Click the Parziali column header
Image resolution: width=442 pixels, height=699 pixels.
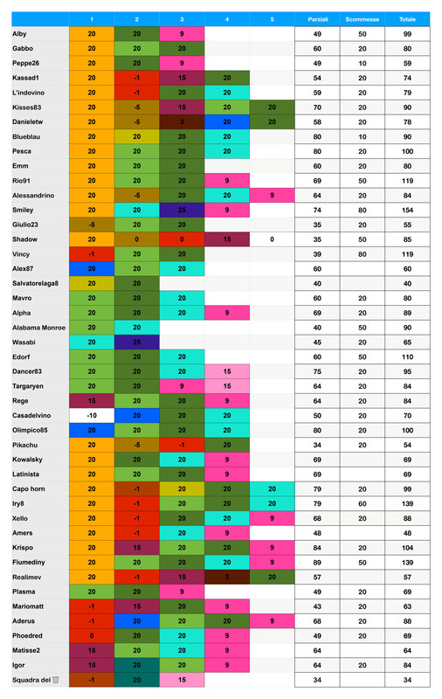click(317, 18)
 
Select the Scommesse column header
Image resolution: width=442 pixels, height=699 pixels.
click(363, 18)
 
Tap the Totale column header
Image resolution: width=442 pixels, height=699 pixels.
click(407, 18)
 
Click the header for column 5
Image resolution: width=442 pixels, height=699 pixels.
click(271, 18)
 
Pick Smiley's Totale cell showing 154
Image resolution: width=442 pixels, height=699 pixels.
click(407, 211)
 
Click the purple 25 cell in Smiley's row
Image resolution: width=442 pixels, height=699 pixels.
click(182, 211)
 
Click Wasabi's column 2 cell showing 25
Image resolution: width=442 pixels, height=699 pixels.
click(137, 343)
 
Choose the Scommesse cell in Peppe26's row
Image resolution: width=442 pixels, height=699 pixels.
click(363, 63)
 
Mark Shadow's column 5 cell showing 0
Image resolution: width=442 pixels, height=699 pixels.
click(271, 239)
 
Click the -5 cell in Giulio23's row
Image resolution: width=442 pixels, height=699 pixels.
click(92, 225)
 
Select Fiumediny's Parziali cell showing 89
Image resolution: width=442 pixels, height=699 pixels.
click(317, 563)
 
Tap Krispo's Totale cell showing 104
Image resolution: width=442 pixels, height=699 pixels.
click(407, 548)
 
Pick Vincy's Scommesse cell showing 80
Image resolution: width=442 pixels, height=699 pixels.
click(363, 254)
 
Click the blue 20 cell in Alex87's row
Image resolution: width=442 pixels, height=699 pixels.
click(92, 269)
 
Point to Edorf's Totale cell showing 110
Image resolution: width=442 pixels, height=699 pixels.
click(407, 357)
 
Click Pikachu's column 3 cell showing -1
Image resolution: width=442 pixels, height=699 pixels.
click(182, 445)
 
